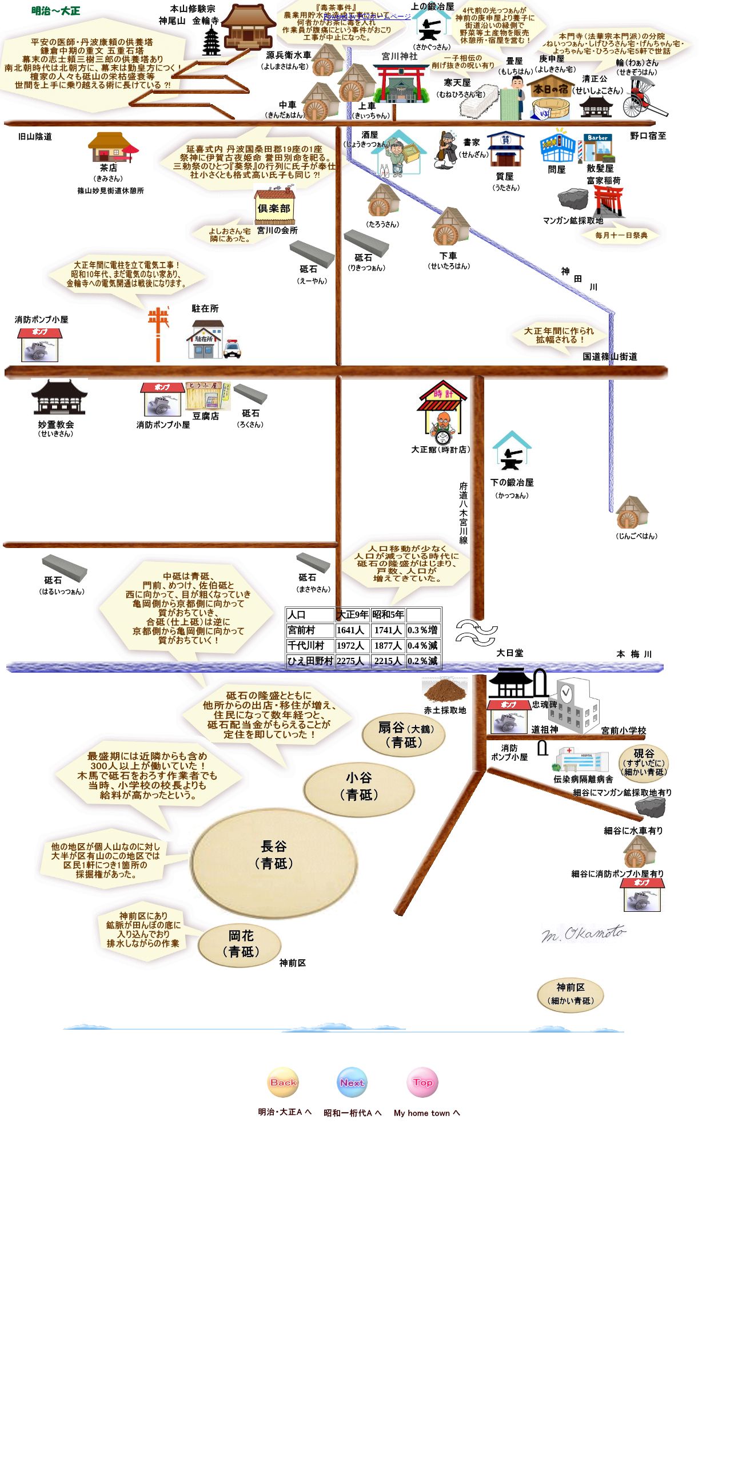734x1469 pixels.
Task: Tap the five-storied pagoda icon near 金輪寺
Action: (212, 42)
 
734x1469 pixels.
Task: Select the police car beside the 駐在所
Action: (232, 348)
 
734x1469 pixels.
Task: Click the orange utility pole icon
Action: (158, 333)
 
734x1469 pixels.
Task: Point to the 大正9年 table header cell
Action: (352, 615)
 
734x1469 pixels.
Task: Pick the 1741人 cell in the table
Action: (388, 630)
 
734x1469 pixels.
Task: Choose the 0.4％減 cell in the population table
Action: (423, 646)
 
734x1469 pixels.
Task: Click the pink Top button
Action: (422, 1082)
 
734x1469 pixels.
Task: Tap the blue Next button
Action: (352, 1082)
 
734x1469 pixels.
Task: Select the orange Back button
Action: (283, 1082)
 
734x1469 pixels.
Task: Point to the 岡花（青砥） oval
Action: (240, 944)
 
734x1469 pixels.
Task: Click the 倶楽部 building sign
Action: (274, 208)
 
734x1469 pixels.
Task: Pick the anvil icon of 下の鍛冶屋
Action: (512, 454)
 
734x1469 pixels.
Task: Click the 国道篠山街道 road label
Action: (609, 357)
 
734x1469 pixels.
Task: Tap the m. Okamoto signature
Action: (583, 935)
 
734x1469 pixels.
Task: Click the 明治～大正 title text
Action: (55, 11)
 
